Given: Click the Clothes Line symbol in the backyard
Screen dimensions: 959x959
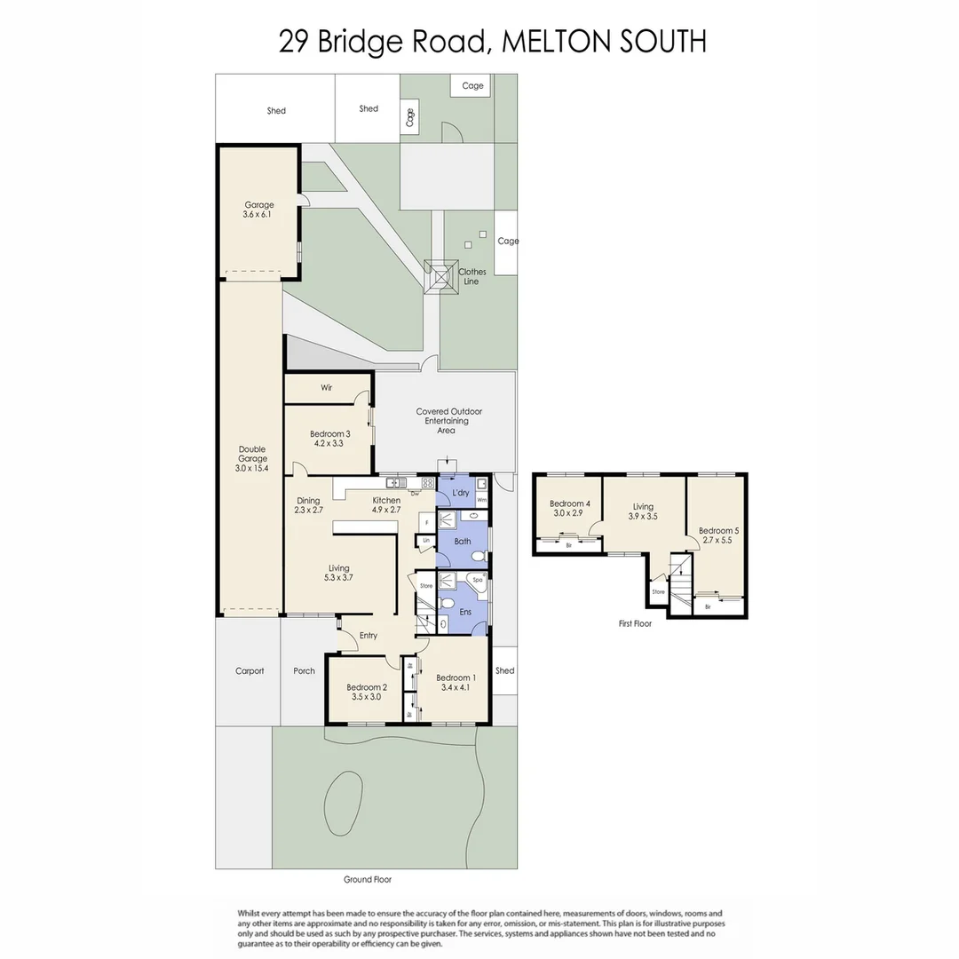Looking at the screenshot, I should coord(437,275).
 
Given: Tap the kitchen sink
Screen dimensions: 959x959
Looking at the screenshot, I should coord(392,483).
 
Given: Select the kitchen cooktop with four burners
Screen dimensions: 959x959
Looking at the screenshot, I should coord(426,483).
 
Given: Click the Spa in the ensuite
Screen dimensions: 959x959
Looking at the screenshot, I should coord(478,580).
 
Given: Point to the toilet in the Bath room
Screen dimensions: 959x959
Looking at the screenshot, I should coord(478,557).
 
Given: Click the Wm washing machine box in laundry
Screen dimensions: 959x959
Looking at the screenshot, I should coord(481,500).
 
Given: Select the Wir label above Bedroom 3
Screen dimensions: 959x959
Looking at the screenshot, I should coord(327,388).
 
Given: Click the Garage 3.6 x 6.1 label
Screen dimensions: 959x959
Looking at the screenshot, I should coord(258,210).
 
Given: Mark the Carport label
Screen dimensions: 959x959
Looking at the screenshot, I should coord(250,670).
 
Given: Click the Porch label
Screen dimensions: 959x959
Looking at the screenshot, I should coord(304,670).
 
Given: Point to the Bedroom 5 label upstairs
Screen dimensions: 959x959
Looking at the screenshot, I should coord(719,535).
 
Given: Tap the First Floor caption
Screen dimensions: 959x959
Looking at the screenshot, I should coord(635,623).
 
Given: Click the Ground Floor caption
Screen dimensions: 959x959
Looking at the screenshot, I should coord(368,879).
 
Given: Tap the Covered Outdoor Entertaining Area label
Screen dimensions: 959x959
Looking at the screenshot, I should coord(448,421).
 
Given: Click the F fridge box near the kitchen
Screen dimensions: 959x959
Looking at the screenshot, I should coord(426,523).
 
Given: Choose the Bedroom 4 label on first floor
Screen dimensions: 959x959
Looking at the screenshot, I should coord(569,508).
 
